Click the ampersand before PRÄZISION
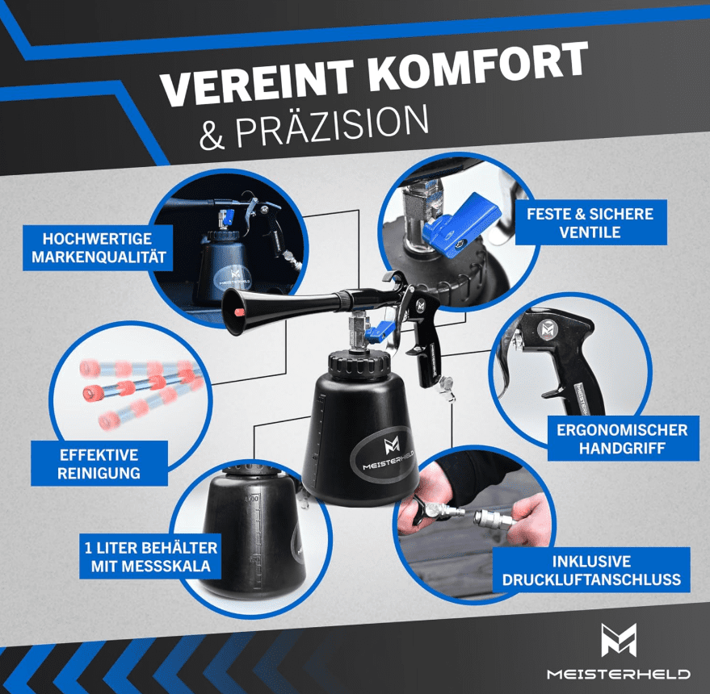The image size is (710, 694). [212, 136]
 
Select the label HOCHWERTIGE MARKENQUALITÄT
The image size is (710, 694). [99, 248]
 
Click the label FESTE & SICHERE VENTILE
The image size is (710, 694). [590, 223]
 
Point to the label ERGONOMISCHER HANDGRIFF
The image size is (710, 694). [623, 438]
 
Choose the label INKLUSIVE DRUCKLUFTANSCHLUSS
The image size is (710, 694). [591, 570]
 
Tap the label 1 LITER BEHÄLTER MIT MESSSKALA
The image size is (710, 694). [150, 557]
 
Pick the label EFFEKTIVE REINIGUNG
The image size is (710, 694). [99, 464]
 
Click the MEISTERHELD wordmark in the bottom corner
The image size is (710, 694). [619, 674]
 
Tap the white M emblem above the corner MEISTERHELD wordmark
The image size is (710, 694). [619, 640]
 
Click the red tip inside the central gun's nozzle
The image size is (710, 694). [238, 311]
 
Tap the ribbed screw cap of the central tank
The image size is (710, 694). [359, 362]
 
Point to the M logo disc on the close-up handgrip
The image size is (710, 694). [547, 328]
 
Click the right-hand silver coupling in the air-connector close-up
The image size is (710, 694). [492, 516]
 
